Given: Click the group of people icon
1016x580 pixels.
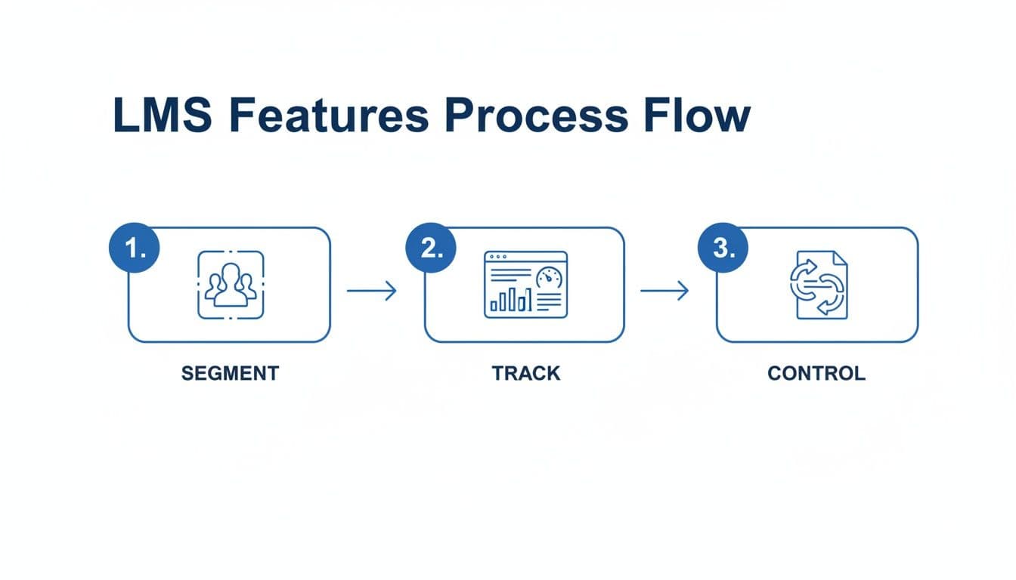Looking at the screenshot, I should coord(231,285).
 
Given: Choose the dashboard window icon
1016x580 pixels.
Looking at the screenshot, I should coord(525,285).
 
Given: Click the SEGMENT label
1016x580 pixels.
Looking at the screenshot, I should coord(230,373).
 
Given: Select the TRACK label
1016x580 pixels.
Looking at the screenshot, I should coord(526,373).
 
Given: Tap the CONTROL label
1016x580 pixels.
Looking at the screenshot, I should coord(816,373).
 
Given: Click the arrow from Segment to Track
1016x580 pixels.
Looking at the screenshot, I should coord(372,291).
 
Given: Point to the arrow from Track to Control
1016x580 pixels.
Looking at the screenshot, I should coord(664,291).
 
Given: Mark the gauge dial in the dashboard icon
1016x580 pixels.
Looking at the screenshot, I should coord(550,277).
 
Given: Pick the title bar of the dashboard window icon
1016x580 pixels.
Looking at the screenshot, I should coord(525,255).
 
